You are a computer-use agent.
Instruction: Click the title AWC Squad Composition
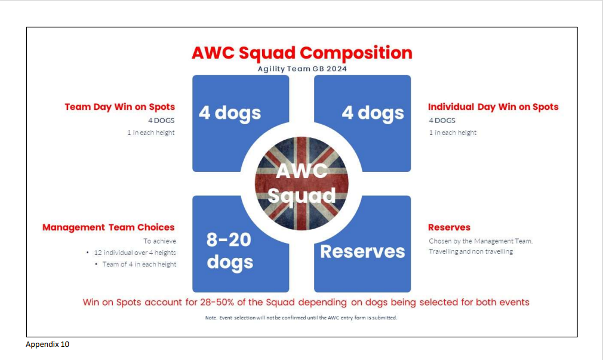pos(302,53)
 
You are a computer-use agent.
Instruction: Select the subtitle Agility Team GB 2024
pos(302,69)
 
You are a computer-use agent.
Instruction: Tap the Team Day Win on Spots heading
pos(119,107)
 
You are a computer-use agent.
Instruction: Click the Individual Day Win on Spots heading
pos(493,107)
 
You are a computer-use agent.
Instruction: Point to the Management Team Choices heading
pos(109,227)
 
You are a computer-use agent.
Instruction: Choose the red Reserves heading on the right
pos(449,227)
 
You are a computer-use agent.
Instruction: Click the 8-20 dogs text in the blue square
pos(230,251)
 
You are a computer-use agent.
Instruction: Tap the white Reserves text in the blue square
pos(362,251)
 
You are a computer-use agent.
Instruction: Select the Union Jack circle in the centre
pos(301,183)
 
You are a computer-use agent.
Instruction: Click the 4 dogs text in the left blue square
pos(230,113)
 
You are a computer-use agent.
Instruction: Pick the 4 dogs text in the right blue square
pos(373,113)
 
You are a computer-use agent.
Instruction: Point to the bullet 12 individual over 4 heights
pos(134,253)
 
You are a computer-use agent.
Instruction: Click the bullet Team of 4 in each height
pos(139,264)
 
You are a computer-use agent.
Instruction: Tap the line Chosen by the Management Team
pos(481,241)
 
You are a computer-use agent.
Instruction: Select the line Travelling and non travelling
pos(470,251)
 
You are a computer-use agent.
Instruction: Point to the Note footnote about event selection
pos(301,318)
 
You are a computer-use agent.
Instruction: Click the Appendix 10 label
pos(47,344)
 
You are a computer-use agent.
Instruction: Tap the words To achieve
pos(159,241)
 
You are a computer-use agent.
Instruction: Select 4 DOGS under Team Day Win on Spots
pos(161,121)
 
